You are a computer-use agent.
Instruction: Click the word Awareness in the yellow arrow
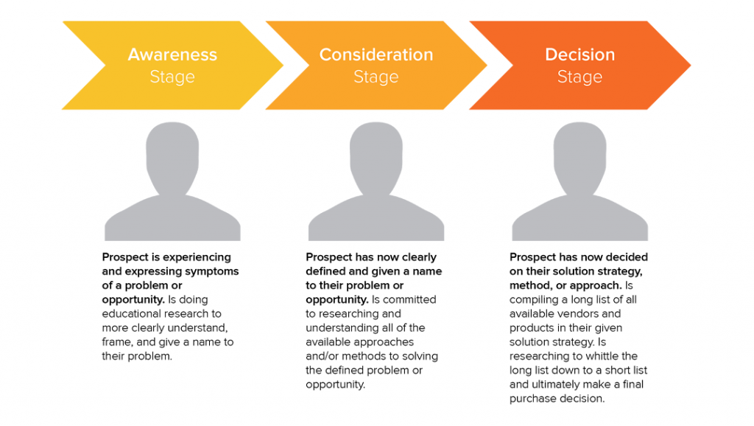tap(172, 55)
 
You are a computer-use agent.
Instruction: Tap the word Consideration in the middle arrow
tap(376, 55)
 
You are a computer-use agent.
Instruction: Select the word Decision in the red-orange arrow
tap(579, 55)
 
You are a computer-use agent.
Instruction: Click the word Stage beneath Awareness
tap(172, 77)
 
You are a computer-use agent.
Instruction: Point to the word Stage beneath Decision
tap(579, 77)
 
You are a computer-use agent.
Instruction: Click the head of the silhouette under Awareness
tap(172, 154)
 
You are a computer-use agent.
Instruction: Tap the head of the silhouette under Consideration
tap(376, 154)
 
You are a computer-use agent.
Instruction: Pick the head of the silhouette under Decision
tap(580, 154)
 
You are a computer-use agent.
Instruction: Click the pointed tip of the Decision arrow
tap(691, 65)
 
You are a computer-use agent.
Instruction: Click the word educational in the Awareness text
tap(130, 314)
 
